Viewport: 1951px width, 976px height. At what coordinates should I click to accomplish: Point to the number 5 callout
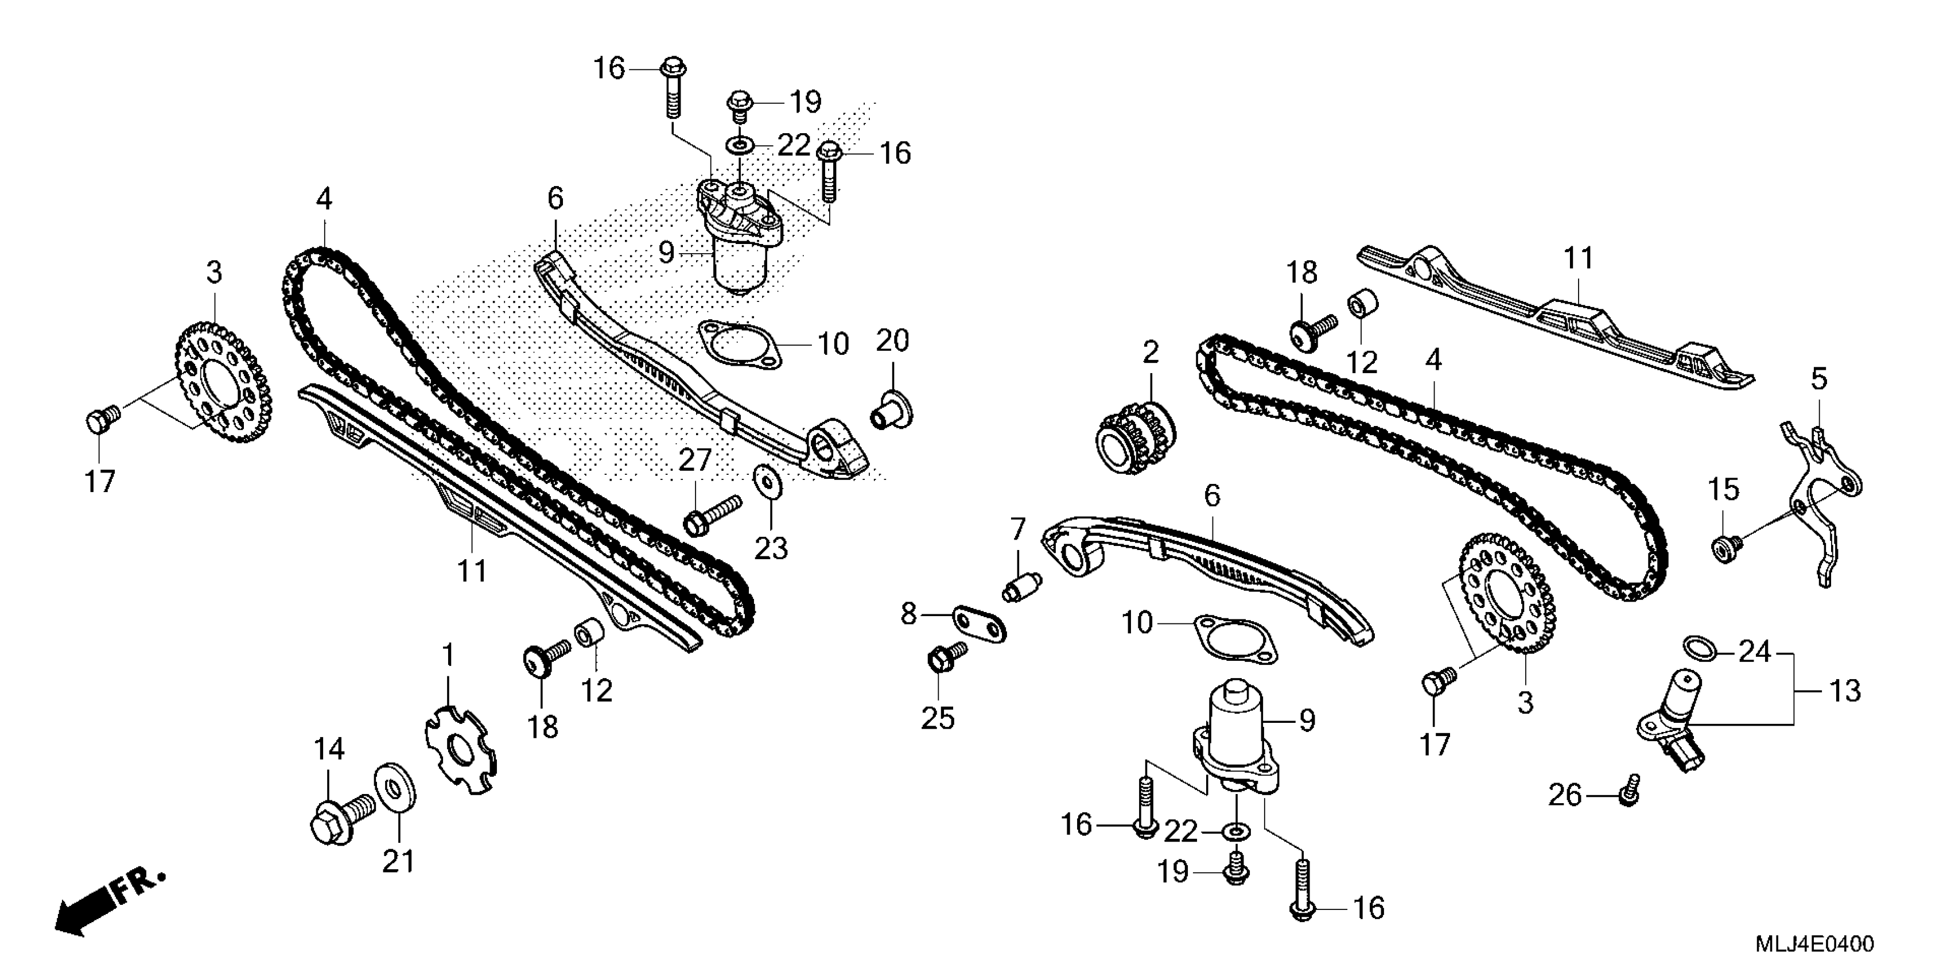point(1819,379)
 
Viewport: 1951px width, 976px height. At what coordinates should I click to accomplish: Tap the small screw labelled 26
point(1629,792)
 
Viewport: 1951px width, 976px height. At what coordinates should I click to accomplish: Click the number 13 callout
point(1845,691)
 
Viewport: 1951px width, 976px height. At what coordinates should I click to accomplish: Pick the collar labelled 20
point(893,409)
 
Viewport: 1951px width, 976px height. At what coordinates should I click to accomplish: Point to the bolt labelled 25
point(945,658)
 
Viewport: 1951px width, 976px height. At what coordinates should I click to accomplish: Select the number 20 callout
point(892,341)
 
